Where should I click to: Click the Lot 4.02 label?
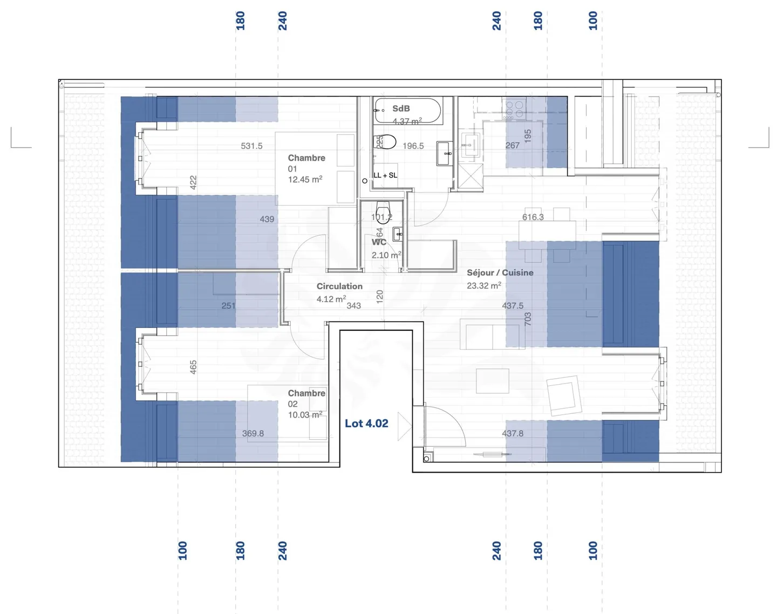366,424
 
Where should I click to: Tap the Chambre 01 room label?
306,158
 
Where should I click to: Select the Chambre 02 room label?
306,393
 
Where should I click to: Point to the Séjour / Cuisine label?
500,273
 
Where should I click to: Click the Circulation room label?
339,286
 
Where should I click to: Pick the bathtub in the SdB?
408,111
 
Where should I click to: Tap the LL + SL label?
385,175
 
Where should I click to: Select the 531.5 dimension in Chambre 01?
251,146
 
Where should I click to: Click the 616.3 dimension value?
533,217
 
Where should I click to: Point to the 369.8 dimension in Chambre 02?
253,433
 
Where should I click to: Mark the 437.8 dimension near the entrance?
512,433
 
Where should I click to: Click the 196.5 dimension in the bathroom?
413,146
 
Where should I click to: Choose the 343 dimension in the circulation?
353,306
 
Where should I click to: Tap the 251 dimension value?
228,306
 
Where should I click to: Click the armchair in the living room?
564,395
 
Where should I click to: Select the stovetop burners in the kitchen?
514,108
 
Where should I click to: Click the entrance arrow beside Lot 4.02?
404,426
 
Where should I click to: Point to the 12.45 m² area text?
305,180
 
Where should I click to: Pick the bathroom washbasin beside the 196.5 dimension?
445,154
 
